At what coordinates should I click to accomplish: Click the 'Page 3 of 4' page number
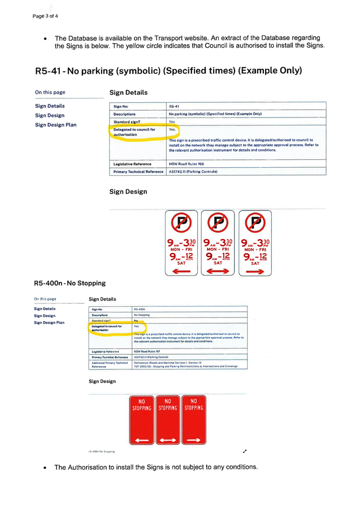click(45, 16)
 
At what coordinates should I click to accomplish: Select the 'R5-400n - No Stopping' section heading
click(70, 283)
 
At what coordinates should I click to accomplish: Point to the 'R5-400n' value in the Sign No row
click(140, 310)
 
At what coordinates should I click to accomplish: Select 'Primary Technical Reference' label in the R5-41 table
click(138, 172)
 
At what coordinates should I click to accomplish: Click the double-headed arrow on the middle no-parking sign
click(218, 271)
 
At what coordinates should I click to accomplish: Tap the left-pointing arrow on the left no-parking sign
click(181, 271)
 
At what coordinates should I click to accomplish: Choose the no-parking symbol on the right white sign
click(255, 223)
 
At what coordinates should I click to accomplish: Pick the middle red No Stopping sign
click(168, 420)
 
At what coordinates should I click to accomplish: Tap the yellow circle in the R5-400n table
click(118, 328)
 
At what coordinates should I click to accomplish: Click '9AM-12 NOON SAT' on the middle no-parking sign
click(218, 259)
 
